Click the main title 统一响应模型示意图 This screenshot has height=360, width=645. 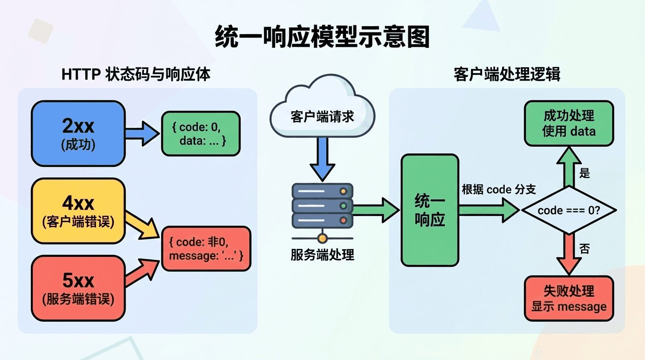(x=322, y=37)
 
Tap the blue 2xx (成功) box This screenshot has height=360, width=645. (x=78, y=134)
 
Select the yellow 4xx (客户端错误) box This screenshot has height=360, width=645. (x=78, y=211)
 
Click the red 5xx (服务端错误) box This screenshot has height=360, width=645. (x=78, y=288)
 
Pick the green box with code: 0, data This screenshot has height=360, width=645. (x=200, y=134)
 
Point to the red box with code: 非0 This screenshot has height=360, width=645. (x=206, y=248)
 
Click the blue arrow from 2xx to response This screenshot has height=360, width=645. (x=142, y=134)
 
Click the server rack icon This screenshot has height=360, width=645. (x=322, y=206)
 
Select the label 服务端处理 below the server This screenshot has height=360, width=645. (x=322, y=255)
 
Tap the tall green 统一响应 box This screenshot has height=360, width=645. (x=430, y=210)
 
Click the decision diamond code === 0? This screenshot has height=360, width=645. (x=569, y=210)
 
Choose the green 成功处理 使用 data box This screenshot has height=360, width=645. (x=569, y=123)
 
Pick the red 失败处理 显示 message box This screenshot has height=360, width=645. (x=569, y=299)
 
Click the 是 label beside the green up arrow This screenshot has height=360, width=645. (x=585, y=173)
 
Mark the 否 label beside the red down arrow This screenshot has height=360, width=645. (x=585, y=249)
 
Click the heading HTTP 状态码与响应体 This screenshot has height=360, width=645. (x=136, y=75)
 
